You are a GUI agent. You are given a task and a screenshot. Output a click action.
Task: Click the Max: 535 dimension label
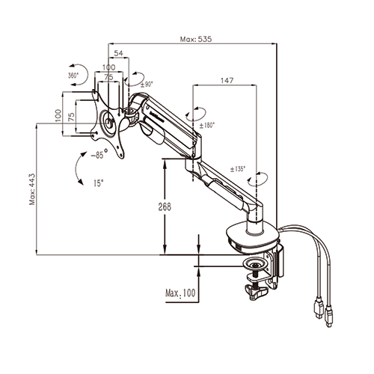[x=196, y=39]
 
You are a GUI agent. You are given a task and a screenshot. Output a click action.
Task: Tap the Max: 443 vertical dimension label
[x=32, y=189]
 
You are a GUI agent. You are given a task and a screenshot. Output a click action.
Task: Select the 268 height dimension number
[x=165, y=206]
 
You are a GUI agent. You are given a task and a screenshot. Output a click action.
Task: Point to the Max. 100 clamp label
[x=180, y=293]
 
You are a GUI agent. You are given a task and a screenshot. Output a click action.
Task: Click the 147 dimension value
[x=227, y=80]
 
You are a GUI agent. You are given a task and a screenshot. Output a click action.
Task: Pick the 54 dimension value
[x=119, y=53]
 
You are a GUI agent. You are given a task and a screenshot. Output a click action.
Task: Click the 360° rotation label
[x=73, y=75]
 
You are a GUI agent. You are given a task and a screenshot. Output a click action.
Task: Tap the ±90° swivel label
[x=147, y=85]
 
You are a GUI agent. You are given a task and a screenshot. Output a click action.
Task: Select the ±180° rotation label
[x=207, y=125]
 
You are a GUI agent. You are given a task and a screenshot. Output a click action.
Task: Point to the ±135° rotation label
[x=238, y=169]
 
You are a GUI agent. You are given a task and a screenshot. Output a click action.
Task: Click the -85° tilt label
[x=99, y=154]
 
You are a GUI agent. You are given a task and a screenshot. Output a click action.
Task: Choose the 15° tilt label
[x=99, y=183]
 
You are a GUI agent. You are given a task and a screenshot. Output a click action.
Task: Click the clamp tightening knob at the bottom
[x=256, y=292]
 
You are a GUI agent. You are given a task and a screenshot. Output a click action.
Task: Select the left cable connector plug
[x=319, y=309]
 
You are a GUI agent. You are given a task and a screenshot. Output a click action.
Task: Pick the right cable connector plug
[x=329, y=316]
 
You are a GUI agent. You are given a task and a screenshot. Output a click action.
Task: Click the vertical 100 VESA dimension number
[x=58, y=115]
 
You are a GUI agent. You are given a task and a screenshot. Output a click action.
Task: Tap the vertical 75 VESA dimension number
[x=71, y=117]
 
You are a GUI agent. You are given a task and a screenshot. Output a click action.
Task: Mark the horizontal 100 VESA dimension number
[x=109, y=67]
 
